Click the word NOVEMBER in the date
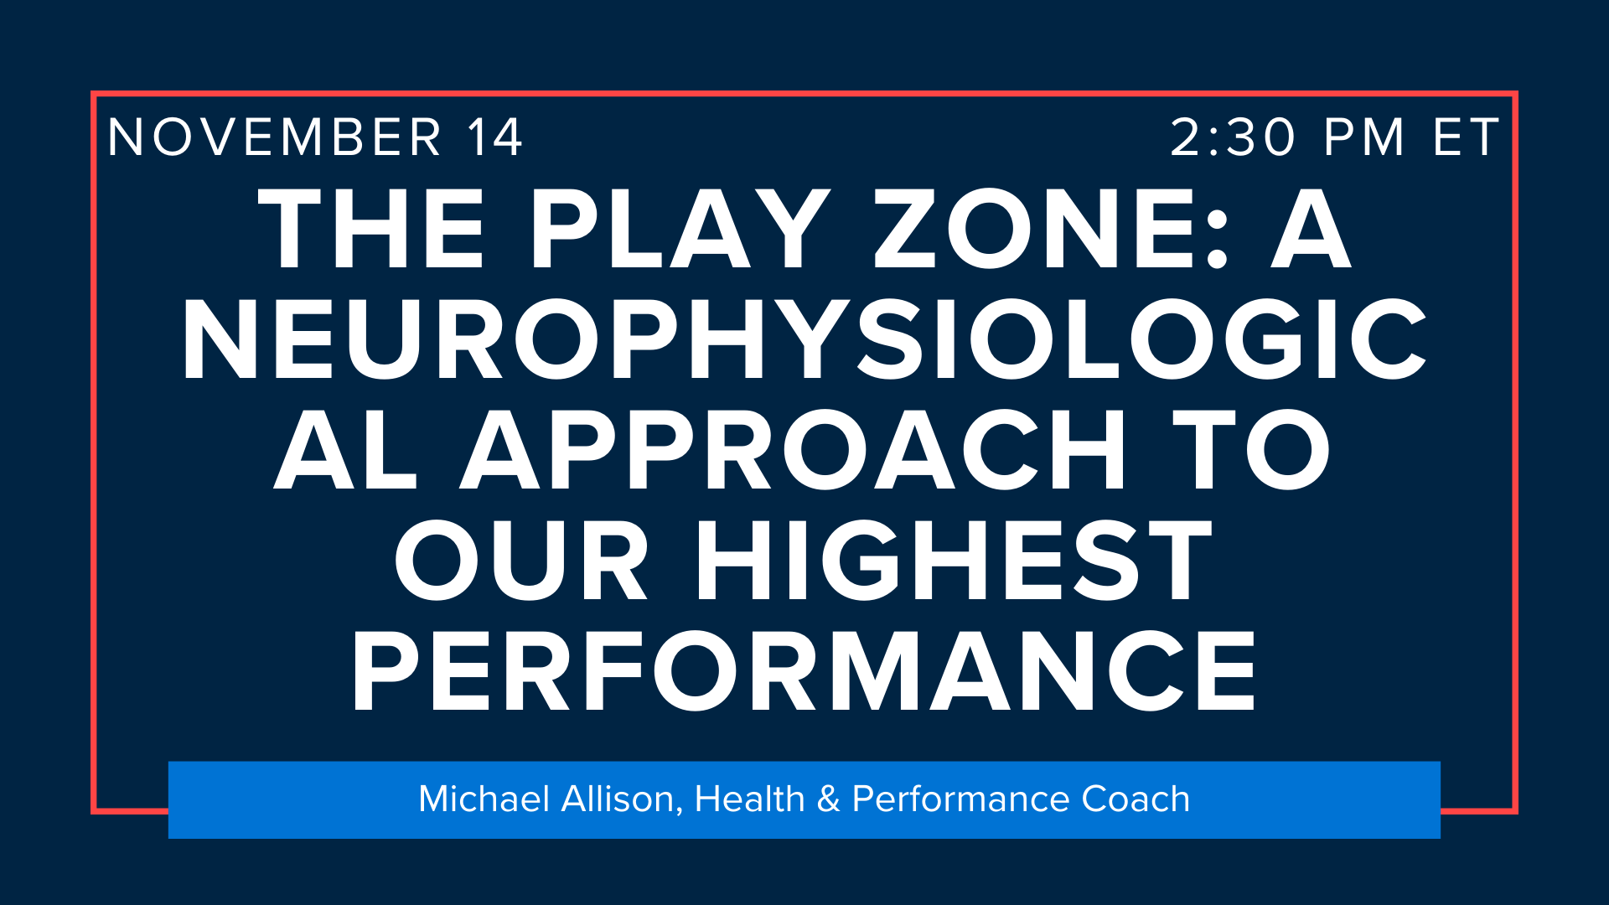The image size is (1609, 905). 274,137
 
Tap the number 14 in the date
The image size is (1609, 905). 495,137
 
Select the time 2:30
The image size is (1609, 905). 1233,137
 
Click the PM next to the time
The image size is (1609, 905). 1363,137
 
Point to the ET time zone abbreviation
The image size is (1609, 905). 1466,137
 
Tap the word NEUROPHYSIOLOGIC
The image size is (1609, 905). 804,339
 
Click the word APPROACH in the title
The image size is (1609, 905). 793,450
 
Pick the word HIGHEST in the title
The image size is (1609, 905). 955,560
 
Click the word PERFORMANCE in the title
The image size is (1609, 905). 804,670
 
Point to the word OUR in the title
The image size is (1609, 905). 521,560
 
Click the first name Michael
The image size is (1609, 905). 484,799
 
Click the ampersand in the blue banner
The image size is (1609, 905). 828,799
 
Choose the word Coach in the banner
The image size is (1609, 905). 1136,799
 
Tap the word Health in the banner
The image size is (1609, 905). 749,799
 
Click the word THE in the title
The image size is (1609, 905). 371,228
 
